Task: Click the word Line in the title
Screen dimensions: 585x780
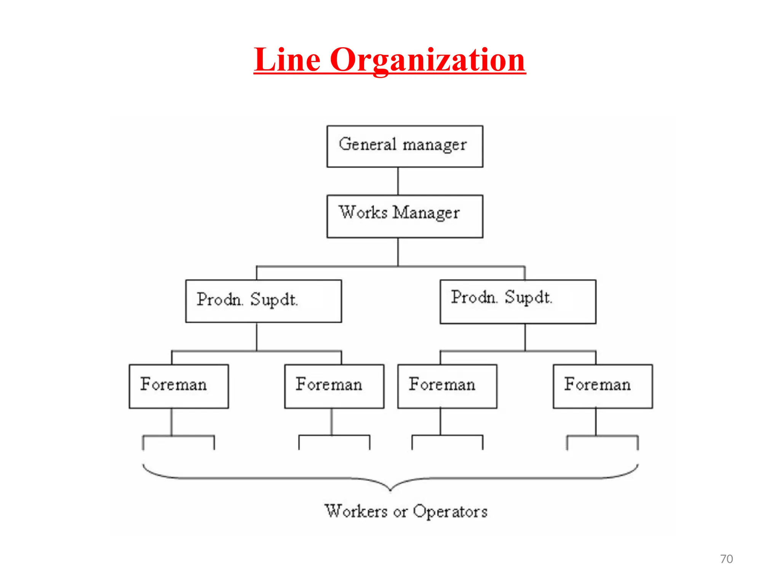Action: pyautogui.click(x=288, y=60)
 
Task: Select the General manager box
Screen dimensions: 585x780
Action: pyautogui.click(x=404, y=147)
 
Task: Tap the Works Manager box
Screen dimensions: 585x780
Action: pyautogui.click(x=404, y=216)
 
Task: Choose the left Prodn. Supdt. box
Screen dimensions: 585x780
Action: pyautogui.click(x=264, y=301)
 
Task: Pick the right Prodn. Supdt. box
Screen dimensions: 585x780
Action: pyautogui.click(x=518, y=302)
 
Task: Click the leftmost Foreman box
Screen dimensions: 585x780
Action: pyautogui.click(x=179, y=386)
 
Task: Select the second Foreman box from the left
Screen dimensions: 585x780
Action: pyautogui.click(x=334, y=386)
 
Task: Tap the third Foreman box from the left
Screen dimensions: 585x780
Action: pyautogui.click(x=447, y=386)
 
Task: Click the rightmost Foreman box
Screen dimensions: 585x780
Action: pyautogui.click(x=603, y=386)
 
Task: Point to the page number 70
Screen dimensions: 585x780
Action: pyautogui.click(x=726, y=559)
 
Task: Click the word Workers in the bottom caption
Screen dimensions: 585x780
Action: pyautogui.click(x=356, y=511)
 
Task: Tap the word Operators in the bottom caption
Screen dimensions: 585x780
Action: pyautogui.click(x=450, y=511)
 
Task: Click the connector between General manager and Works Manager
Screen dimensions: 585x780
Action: pyautogui.click(x=398, y=181)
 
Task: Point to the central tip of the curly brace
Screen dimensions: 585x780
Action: pyautogui.click(x=390, y=490)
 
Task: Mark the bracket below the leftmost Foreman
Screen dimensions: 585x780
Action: pyautogui.click(x=178, y=436)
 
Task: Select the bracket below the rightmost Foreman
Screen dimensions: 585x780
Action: pyautogui.click(x=602, y=436)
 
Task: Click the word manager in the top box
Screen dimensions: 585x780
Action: pyautogui.click(x=435, y=145)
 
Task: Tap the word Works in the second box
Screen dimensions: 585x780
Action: pyautogui.click(x=363, y=213)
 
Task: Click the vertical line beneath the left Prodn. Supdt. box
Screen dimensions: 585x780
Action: pyautogui.click(x=257, y=337)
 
